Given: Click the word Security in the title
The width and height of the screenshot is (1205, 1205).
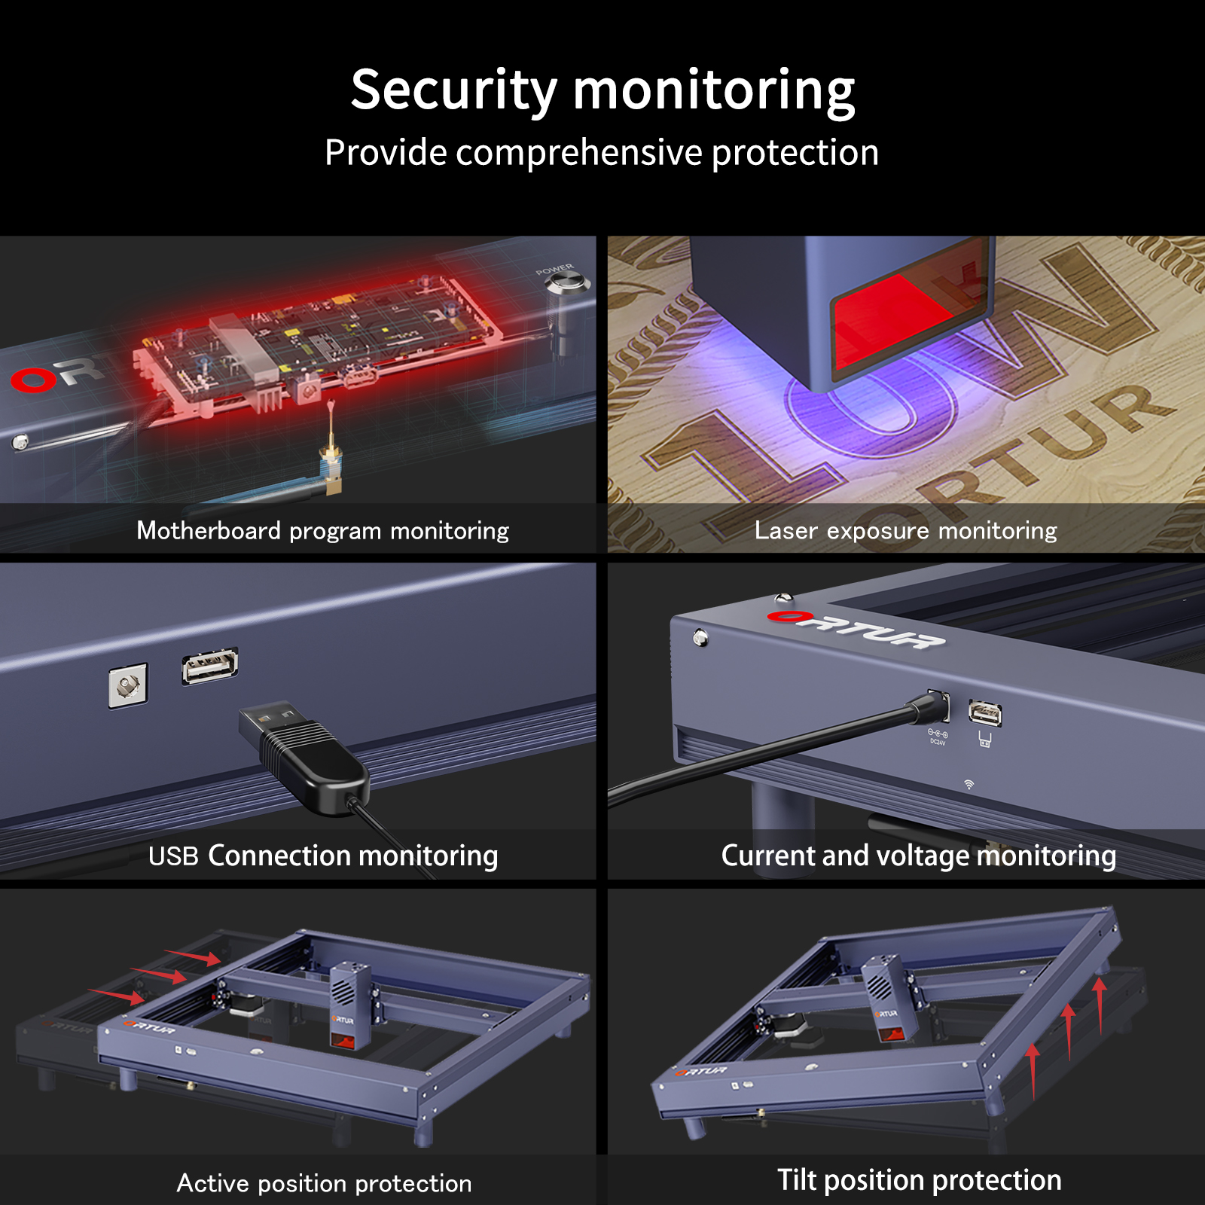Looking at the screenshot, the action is tap(453, 90).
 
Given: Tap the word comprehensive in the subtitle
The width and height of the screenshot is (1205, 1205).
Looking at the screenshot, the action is tap(579, 154).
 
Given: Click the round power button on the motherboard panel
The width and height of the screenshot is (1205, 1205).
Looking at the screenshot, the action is tap(566, 284).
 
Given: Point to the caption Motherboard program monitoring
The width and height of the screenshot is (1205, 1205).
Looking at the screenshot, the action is tap(323, 531).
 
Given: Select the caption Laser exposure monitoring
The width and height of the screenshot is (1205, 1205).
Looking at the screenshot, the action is tap(906, 531).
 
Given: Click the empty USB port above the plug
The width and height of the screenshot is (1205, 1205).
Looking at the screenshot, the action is tap(210, 667).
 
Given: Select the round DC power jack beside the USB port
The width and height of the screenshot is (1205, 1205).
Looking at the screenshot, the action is tap(128, 685).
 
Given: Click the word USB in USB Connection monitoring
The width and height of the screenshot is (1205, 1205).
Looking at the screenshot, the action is tap(173, 856).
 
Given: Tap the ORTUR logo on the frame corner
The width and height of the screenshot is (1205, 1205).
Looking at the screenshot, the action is tap(856, 630).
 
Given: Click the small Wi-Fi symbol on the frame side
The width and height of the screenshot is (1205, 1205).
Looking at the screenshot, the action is tap(969, 784).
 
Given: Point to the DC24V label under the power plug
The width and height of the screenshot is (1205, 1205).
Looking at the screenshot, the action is tap(938, 743).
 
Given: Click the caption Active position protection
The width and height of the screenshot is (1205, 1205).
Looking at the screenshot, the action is tap(324, 1184).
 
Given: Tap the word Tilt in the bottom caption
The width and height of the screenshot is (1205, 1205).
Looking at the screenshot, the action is tap(798, 1180).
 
